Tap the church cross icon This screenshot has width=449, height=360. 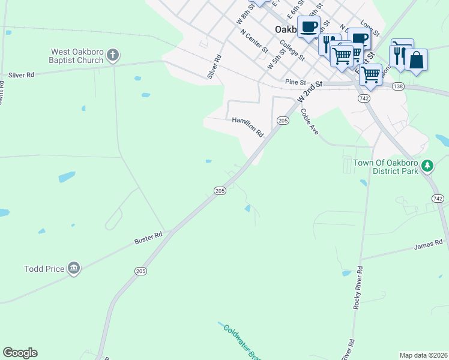[x=112, y=56]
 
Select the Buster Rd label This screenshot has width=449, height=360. [x=148, y=238]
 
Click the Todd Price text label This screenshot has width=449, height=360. [x=44, y=269]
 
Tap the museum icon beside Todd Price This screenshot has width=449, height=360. [x=74, y=268]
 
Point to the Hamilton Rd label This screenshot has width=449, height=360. [x=248, y=127]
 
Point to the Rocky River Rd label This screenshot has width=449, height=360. [x=358, y=287]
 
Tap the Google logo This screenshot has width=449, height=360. [x=20, y=353]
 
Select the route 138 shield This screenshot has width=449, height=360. [x=397, y=87]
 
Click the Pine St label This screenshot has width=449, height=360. [x=296, y=81]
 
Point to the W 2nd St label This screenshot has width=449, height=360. [x=310, y=92]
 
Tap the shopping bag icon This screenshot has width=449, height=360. [x=416, y=61]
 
